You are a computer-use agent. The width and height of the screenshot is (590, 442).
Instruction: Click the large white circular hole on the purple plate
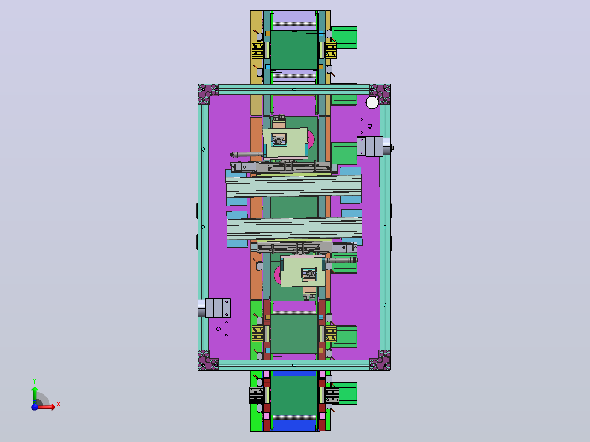372,102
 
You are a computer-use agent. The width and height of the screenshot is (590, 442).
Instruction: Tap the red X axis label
59,405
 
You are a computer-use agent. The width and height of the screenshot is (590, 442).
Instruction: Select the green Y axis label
34,381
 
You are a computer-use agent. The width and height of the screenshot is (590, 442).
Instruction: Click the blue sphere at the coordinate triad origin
34,407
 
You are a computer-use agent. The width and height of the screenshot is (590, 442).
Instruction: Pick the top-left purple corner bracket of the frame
208,94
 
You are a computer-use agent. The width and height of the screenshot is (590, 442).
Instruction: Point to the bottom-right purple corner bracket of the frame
380,360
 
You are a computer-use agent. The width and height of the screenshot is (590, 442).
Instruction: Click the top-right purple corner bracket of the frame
380,94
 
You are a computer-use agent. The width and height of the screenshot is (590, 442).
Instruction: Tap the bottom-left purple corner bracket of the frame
208,360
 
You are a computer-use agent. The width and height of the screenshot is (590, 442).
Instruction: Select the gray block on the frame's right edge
373,146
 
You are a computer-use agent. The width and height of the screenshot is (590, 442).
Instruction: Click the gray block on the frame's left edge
215,308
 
